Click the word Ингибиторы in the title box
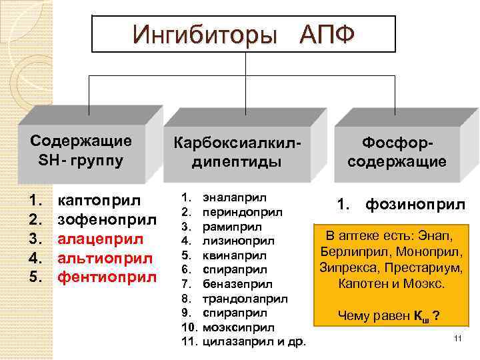(x=203, y=33)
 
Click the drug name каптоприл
(x=99, y=199)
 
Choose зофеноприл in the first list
(x=107, y=219)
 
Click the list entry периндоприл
(x=241, y=212)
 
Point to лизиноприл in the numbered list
(x=239, y=241)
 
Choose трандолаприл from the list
(x=245, y=298)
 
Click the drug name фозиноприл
(x=415, y=205)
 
